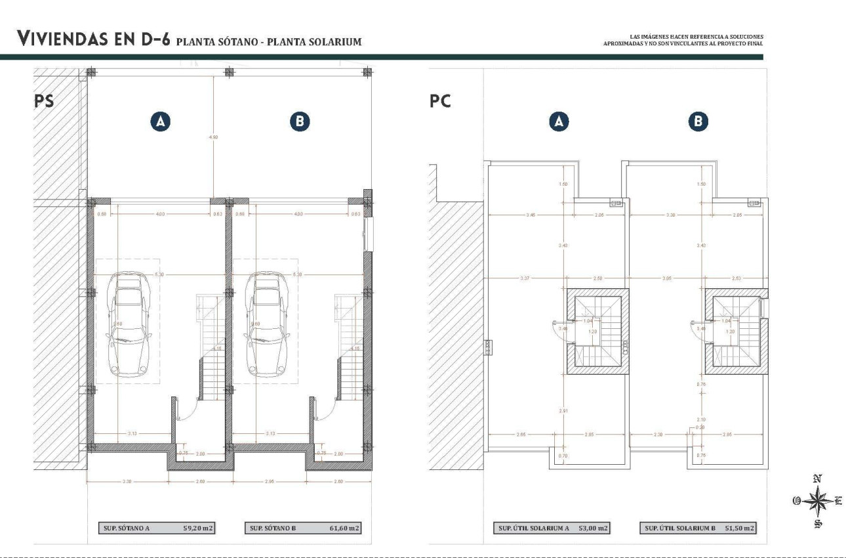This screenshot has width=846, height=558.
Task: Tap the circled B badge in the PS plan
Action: tap(300, 121)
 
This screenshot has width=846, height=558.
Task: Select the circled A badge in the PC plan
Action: tap(559, 121)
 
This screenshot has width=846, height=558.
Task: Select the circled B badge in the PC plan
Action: tap(698, 121)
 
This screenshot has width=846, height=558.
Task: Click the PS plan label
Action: tap(44, 101)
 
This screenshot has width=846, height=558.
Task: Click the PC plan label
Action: tap(440, 102)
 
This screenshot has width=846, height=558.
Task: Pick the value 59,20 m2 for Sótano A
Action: tap(199, 528)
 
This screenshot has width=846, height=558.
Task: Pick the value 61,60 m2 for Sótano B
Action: tap(344, 528)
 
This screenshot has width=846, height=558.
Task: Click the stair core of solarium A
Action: tap(597, 332)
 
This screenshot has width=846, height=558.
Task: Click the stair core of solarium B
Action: tap(736, 332)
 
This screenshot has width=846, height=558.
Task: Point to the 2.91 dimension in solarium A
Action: tap(563, 410)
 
